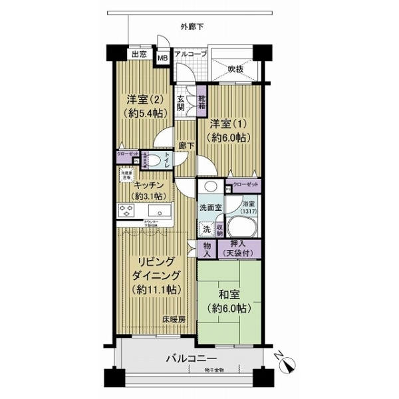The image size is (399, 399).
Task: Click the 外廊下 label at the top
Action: point(192,27)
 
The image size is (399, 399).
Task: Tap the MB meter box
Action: point(162,58)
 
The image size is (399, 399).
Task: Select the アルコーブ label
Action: point(191,54)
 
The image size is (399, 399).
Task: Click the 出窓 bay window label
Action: point(138,55)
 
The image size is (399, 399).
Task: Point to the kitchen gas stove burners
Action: point(127,211)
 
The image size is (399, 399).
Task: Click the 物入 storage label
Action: point(207,249)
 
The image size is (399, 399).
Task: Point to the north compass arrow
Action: point(288,364)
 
